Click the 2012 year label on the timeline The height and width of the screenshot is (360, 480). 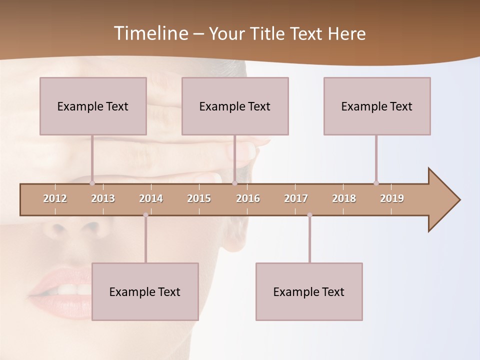pyautogui.click(x=55, y=198)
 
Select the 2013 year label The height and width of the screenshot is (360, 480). pyautogui.click(x=103, y=198)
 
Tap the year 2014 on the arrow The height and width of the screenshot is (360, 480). pyautogui.click(x=151, y=198)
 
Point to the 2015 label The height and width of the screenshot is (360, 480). pyautogui.click(x=199, y=198)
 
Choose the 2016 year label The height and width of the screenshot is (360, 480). pyautogui.click(x=248, y=198)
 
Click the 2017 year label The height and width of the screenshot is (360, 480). pyautogui.click(x=296, y=198)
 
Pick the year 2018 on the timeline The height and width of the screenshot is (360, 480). pyautogui.click(x=344, y=198)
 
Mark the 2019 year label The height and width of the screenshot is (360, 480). pyautogui.click(x=392, y=198)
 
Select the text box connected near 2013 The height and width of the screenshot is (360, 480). pyautogui.click(x=93, y=106)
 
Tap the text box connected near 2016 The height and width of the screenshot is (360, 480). pyautogui.click(x=235, y=106)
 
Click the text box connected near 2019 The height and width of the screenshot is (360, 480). pyautogui.click(x=377, y=106)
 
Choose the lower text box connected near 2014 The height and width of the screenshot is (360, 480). pyautogui.click(x=145, y=291)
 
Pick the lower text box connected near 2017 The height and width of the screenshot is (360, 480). pyautogui.click(x=309, y=291)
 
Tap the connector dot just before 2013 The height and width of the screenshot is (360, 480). pyautogui.click(x=92, y=183)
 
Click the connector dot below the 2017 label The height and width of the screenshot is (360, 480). pyautogui.click(x=309, y=215)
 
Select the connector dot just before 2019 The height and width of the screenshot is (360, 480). pyautogui.click(x=376, y=183)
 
